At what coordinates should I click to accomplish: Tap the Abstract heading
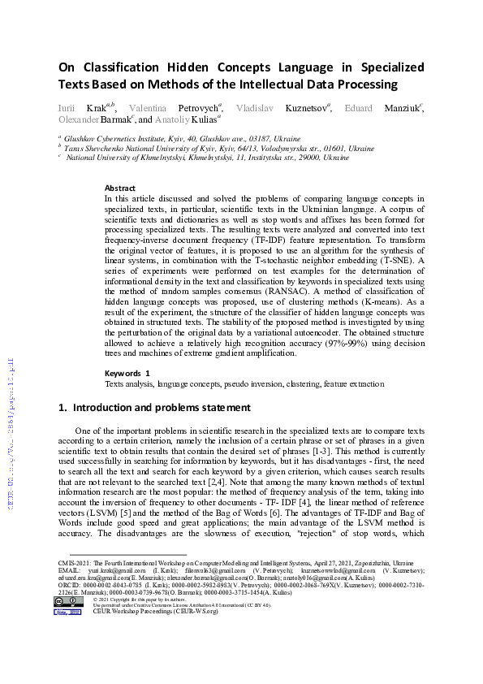pos(120,188)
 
